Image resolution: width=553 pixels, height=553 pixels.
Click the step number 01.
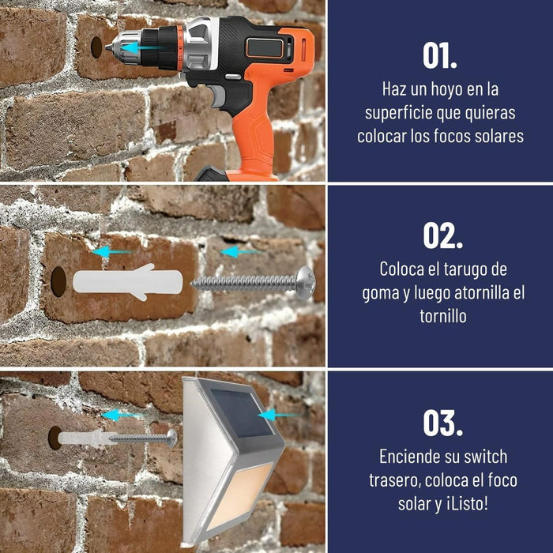[440, 56]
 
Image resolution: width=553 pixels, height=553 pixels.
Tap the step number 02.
[442, 236]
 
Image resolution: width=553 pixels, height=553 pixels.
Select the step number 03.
[442, 423]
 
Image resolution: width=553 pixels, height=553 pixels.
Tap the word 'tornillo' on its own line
[443, 315]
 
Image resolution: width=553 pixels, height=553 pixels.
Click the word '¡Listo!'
[468, 504]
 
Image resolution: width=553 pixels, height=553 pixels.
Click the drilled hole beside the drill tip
[96, 47]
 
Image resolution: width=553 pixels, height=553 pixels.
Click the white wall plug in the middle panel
[128, 281]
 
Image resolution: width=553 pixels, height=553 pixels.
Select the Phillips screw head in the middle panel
[306, 283]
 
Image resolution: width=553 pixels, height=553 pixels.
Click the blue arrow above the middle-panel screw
[241, 252]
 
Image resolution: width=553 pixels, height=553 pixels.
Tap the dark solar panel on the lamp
[242, 413]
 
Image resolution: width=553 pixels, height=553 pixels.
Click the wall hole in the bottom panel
[55, 438]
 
